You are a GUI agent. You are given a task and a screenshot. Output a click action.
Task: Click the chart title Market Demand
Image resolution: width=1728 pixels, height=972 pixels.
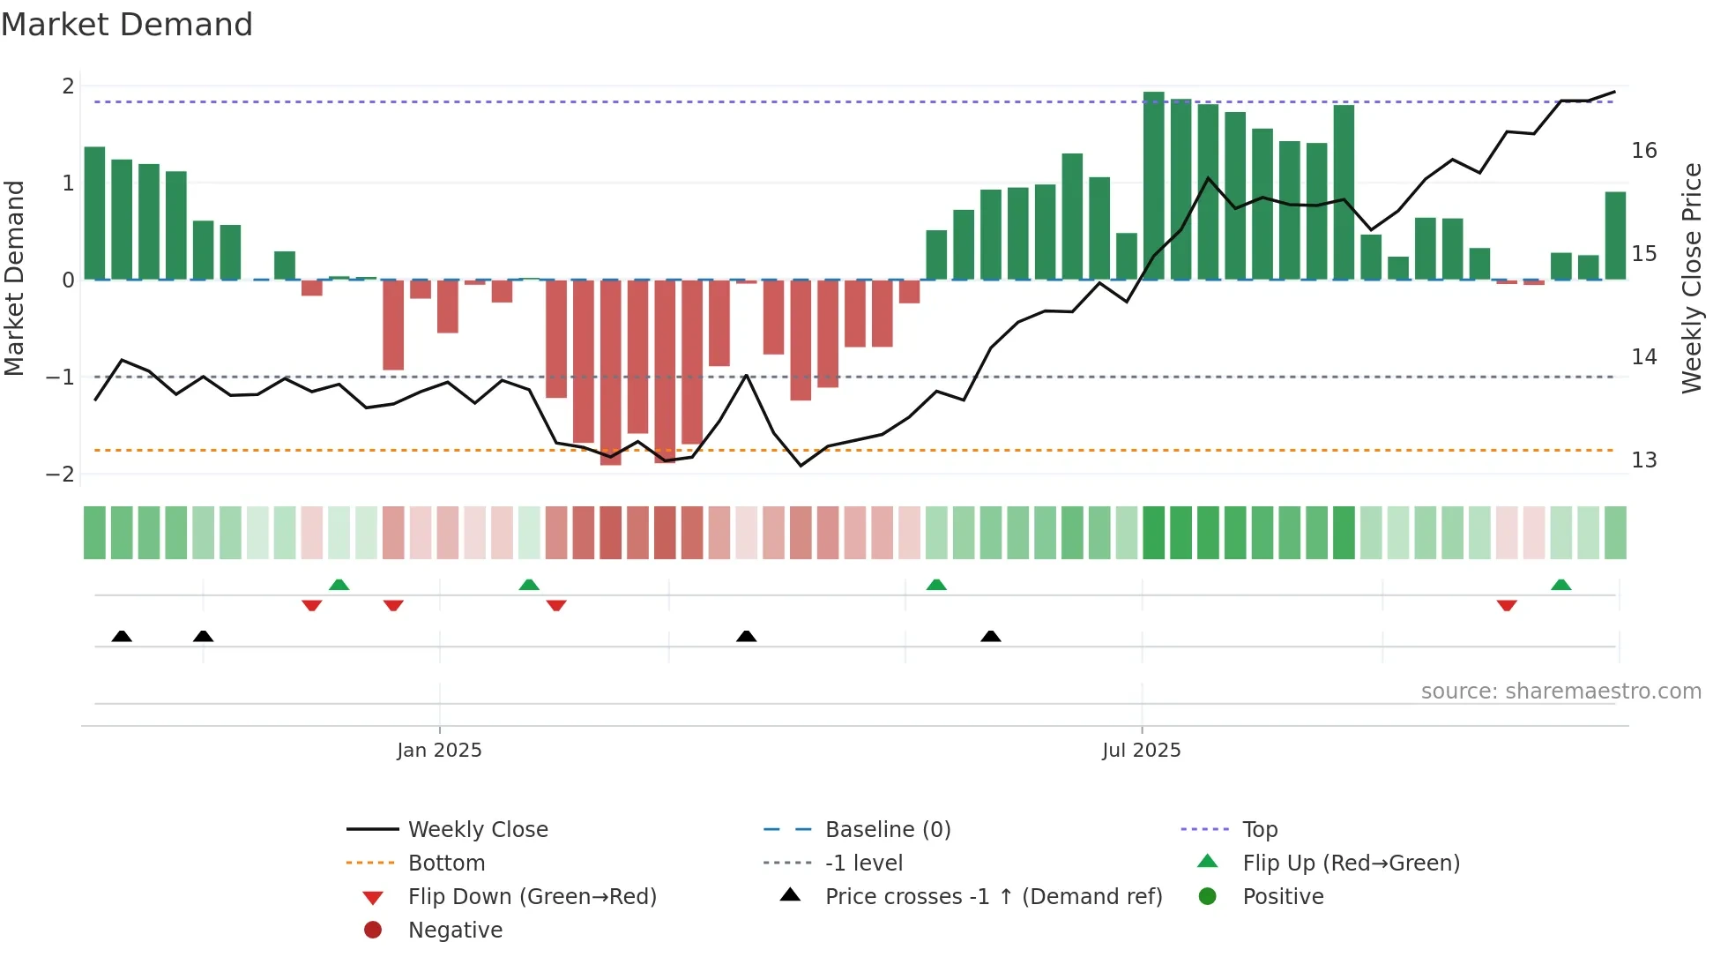pyautogui.click(x=127, y=25)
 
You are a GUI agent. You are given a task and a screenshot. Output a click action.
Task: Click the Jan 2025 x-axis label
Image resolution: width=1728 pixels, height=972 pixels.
pyautogui.click(x=439, y=751)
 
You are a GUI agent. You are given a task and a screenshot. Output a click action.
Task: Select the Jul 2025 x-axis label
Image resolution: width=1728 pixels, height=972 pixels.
pyautogui.click(x=1141, y=751)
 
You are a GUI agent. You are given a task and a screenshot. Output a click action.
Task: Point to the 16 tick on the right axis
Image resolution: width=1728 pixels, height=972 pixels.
pyautogui.click(x=1643, y=151)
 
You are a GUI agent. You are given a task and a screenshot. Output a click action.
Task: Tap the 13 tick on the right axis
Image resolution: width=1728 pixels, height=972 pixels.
pyautogui.click(x=1643, y=460)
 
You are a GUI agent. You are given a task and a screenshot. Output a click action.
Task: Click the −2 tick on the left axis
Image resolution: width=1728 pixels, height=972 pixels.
pyautogui.click(x=60, y=475)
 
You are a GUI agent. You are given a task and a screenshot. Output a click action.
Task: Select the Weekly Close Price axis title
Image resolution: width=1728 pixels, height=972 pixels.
pyautogui.click(x=1691, y=278)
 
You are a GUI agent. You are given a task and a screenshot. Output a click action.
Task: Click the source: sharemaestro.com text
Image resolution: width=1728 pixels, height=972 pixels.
pyautogui.click(x=1560, y=692)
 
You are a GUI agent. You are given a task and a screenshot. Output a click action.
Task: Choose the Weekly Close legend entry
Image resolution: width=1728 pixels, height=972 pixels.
pyautogui.click(x=477, y=830)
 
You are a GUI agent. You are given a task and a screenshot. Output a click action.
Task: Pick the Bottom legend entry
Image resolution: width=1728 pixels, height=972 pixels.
pyautogui.click(x=446, y=864)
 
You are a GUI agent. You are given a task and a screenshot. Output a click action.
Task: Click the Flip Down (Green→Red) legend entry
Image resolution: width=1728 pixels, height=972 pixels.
pyautogui.click(x=532, y=897)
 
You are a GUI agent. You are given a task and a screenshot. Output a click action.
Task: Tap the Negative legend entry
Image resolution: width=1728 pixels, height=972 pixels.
pyautogui.click(x=455, y=931)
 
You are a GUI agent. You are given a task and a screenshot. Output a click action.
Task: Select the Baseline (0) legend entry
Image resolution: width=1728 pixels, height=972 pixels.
pyautogui.click(x=887, y=830)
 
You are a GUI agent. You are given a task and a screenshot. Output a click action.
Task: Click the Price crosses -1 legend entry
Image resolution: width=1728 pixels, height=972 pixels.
pyautogui.click(x=993, y=897)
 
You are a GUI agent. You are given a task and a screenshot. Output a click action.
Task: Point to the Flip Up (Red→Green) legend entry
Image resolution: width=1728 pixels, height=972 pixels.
pyautogui.click(x=1351, y=864)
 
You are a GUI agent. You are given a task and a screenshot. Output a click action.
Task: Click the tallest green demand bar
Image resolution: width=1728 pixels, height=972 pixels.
pyautogui.click(x=1153, y=186)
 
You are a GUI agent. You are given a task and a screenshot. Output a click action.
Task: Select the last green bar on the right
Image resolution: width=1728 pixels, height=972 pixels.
pyautogui.click(x=1615, y=236)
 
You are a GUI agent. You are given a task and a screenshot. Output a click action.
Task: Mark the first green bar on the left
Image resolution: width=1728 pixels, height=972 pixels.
pyautogui.click(x=94, y=213)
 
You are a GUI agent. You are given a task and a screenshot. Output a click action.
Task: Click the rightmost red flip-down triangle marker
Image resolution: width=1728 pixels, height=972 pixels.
pyautogui.click(x=1507, y=605)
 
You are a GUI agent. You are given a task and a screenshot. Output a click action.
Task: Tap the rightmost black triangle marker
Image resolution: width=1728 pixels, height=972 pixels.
pyautogui.click(x=991, y=636)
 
